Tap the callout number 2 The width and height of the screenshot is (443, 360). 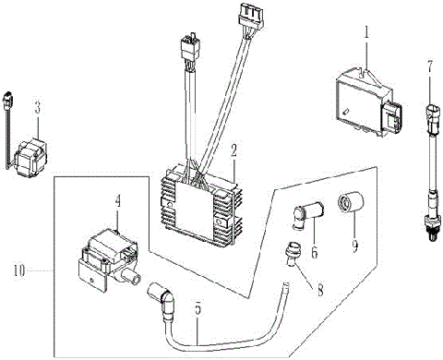click(x=234, y=149)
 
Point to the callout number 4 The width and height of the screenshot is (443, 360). click(x=117, y=199)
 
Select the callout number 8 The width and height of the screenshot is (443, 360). click(x=321, y=289)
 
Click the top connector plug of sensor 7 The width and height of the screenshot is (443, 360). click(x=430, y=119)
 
